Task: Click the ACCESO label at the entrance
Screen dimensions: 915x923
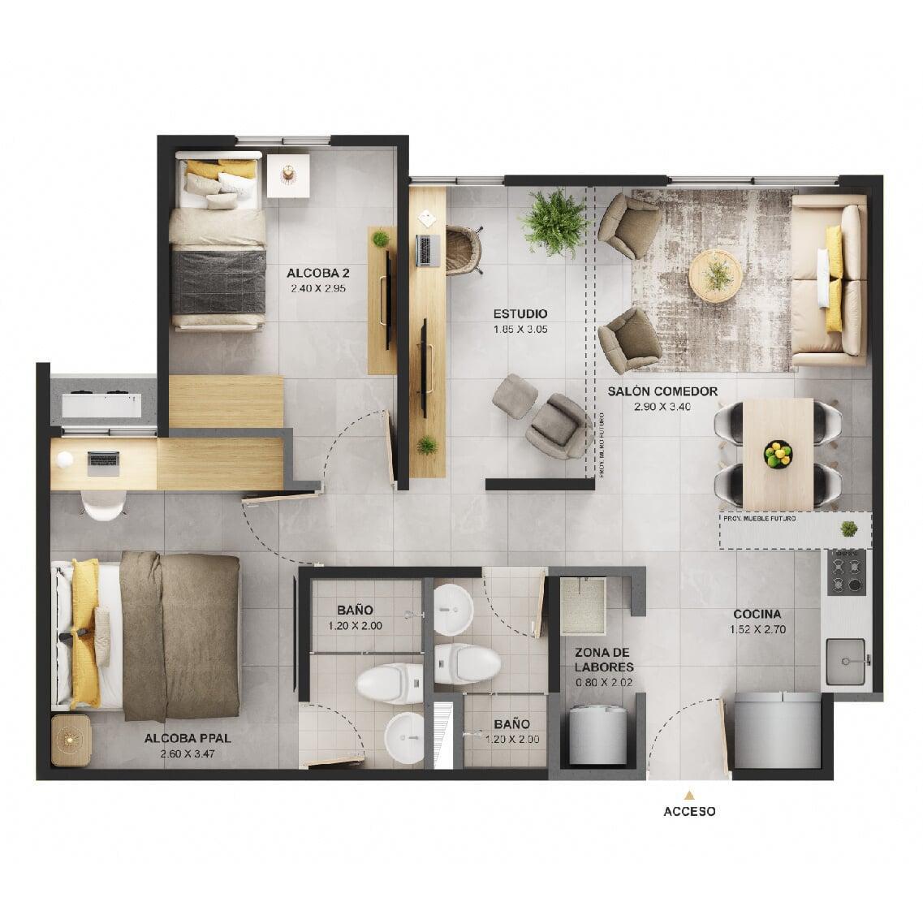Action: (x=689, y=810)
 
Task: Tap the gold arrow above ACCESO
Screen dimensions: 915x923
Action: (x=689, y=795)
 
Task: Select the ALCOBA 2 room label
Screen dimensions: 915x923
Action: (x=307, y=273)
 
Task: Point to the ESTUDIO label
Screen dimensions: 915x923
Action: (x=520, y=313)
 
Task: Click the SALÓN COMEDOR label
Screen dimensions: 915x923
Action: (x=662, y=391)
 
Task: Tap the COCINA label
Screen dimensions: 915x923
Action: (x=757, y=614)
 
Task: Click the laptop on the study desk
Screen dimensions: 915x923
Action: (x=425, y=250)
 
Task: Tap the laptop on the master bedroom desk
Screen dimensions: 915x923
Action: (x=103, y=463)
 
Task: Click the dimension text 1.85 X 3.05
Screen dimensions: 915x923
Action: (x=520, y=330)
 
